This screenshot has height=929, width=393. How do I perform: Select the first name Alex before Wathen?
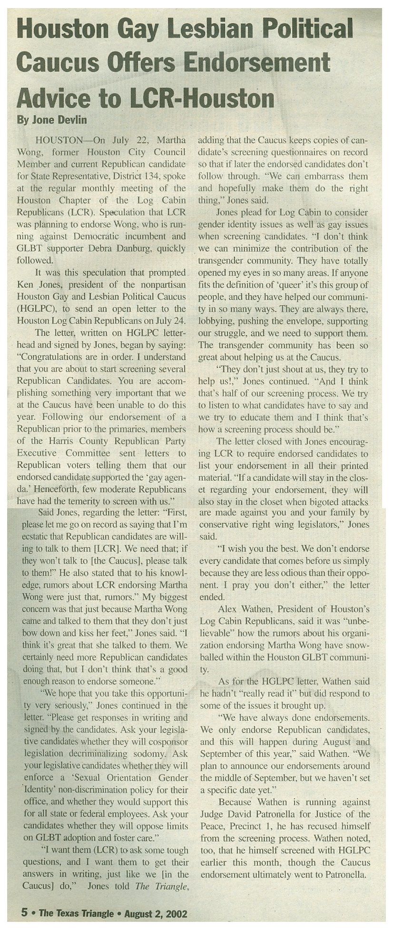pos(227,609)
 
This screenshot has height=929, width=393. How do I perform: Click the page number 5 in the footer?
pos(24,913)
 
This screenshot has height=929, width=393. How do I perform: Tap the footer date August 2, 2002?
pos(157,913)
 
